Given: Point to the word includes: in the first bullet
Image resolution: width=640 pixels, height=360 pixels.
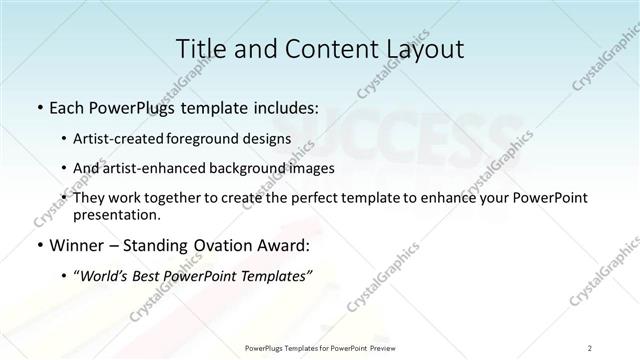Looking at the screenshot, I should coord(277,107).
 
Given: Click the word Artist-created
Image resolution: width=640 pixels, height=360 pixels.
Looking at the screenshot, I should coord(125,139).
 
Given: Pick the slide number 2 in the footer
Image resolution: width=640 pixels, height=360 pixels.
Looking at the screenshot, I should coord(590,348).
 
